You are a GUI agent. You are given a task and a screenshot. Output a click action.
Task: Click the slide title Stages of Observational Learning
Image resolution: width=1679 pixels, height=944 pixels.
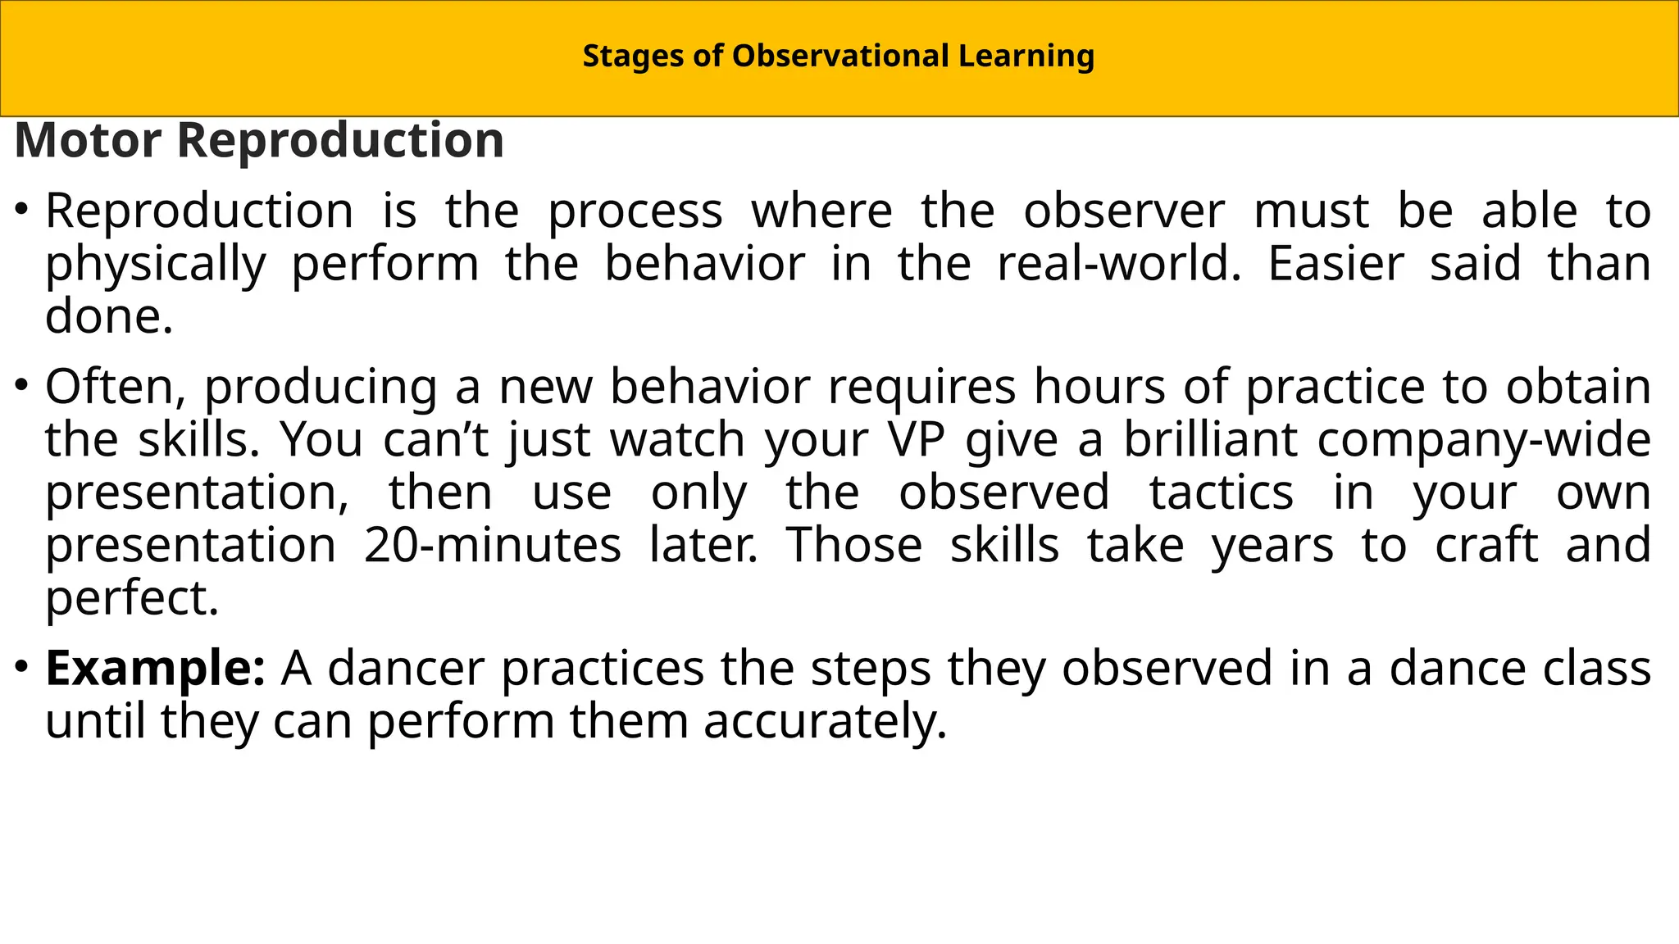coord(838,57)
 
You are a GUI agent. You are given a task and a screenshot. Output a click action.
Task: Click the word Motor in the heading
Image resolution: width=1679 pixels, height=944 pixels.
coord(87,140)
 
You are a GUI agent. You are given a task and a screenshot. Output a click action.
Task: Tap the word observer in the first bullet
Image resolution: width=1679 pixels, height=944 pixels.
coord(1124,211)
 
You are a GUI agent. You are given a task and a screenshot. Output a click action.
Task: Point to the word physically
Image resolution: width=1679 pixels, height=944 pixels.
coord(156,265)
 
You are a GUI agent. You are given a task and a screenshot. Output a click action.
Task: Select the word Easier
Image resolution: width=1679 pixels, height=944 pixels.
coord(1335,264)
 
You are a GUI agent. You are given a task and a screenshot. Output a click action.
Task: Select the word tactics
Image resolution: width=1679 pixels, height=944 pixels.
coord(1221,492)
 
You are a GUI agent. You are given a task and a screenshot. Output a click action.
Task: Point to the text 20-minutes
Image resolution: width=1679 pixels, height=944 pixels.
coord(492,545)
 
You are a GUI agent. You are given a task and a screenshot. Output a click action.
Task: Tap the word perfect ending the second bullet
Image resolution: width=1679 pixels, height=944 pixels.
coord(131,599)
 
